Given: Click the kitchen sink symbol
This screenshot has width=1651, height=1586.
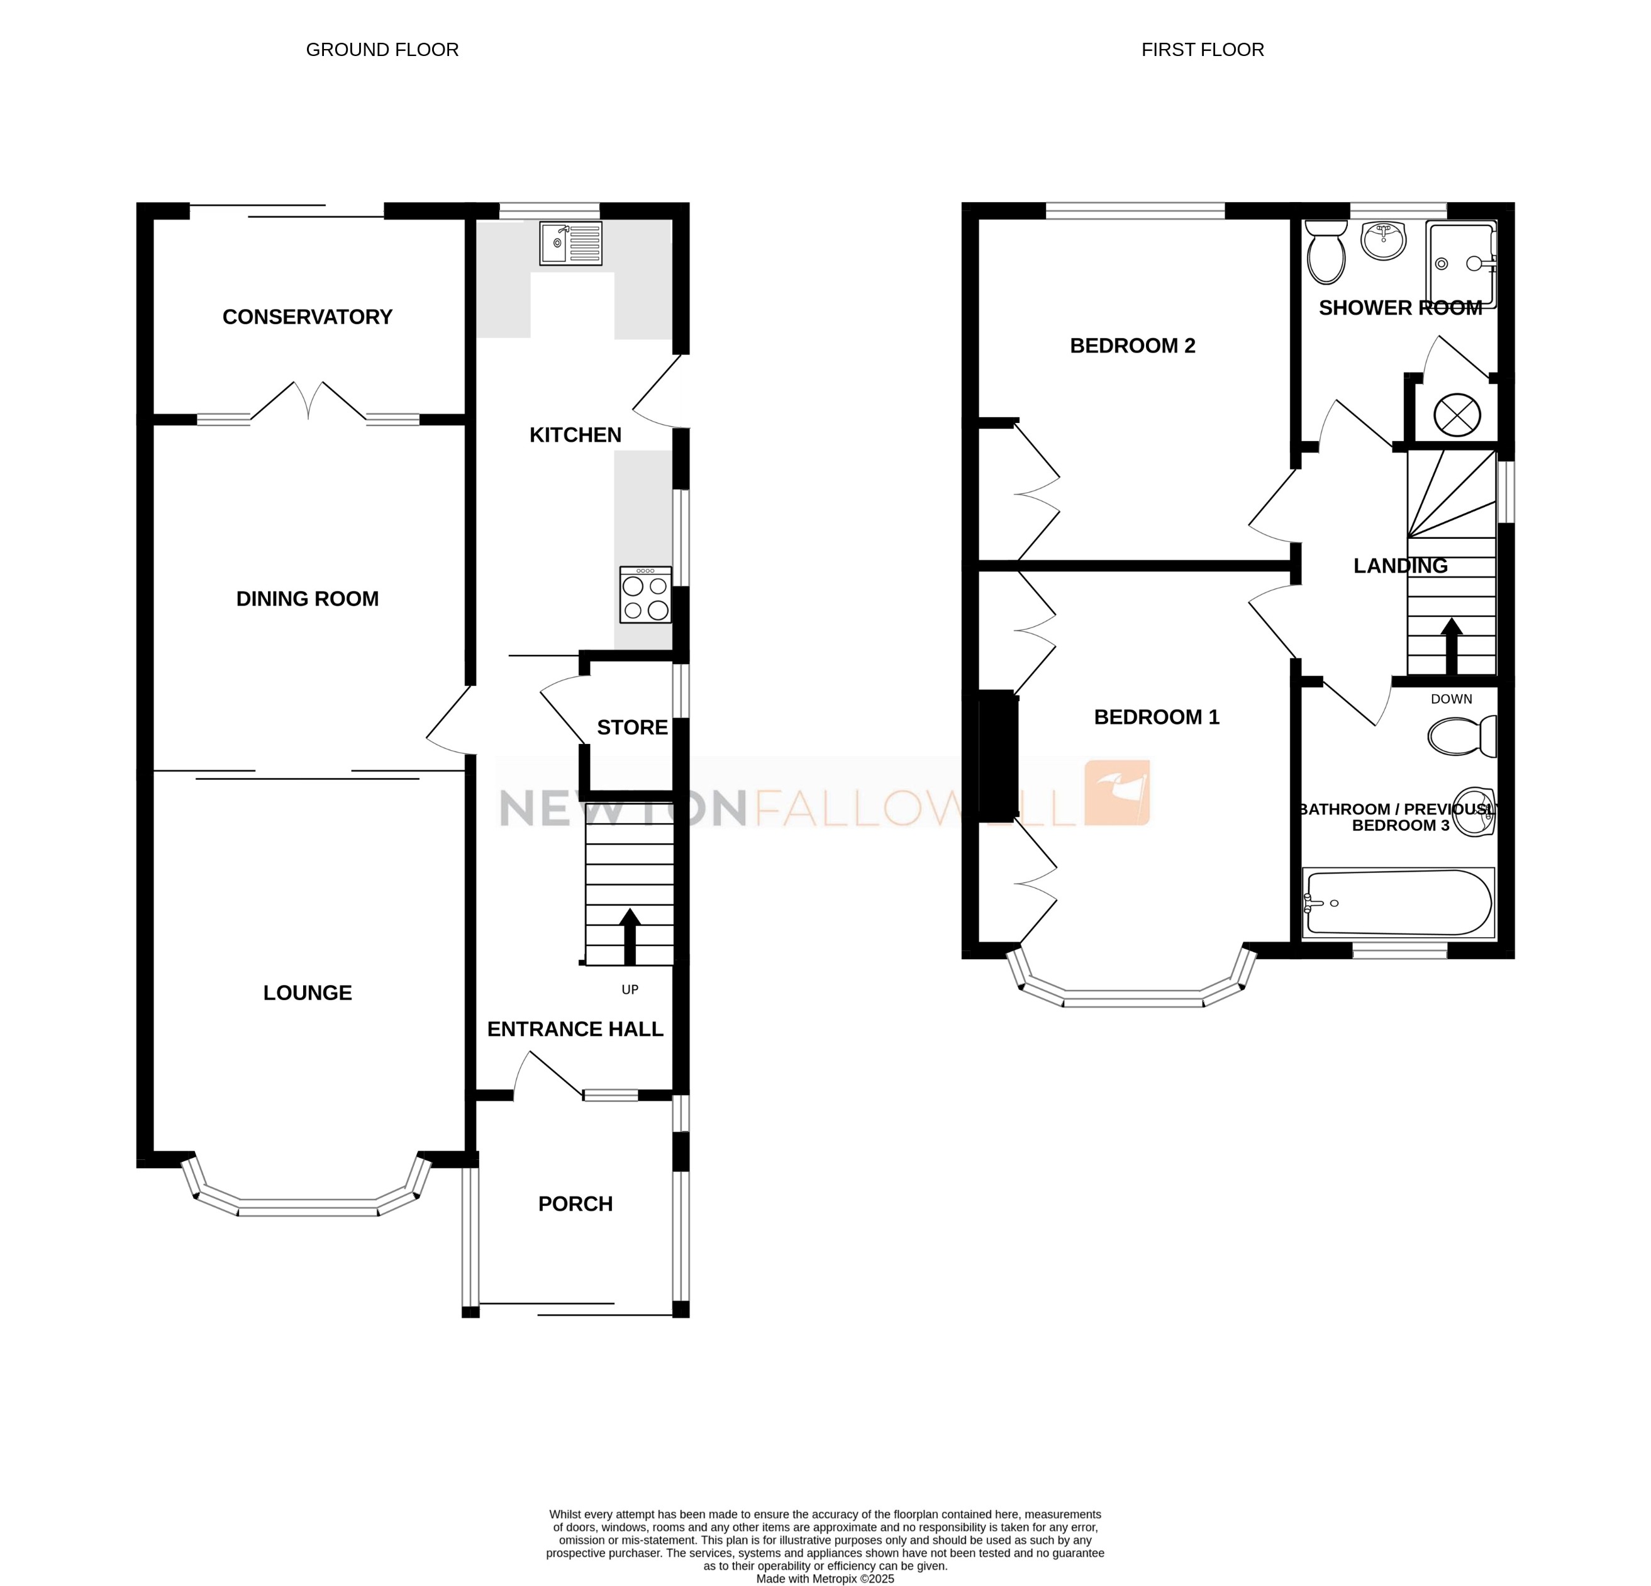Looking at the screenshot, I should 570,244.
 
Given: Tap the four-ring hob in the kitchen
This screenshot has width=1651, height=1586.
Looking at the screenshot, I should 645,595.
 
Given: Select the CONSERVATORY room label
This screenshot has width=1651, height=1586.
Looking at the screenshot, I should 308,317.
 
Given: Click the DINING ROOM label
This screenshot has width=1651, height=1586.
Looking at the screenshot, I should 308,599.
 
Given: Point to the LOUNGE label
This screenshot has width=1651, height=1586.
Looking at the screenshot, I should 308,993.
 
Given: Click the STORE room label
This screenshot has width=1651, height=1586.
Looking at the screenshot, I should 631,728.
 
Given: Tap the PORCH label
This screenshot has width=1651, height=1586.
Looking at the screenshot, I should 575,1203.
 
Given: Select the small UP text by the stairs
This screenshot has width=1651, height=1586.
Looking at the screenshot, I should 630,989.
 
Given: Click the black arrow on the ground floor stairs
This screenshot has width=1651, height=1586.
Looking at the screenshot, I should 630,935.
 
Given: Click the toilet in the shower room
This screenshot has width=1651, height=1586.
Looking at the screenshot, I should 1326,252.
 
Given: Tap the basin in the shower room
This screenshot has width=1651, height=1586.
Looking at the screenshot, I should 1384,240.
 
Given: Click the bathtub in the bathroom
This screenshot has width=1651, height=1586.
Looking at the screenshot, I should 1398,903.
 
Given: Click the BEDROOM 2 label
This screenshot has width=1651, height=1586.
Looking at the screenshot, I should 1132,346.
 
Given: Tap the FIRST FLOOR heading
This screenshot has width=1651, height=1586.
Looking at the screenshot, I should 1202,50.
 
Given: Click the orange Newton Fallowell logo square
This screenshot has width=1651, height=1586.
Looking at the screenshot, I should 1117,792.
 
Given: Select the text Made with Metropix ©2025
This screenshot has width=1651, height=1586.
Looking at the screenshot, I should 825,1578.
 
